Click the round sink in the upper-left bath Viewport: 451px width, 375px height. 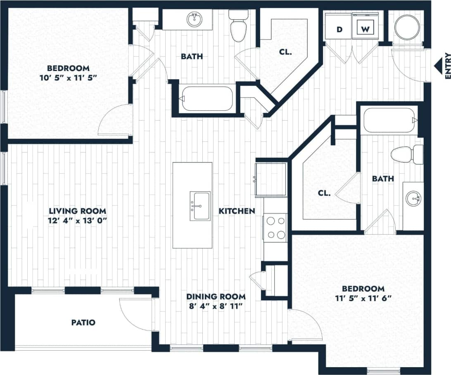(194, 19)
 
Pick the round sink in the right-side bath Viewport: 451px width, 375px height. (413, 199)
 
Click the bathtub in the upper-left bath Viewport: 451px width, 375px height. (207, 99)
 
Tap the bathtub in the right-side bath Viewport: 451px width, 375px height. (389, 120)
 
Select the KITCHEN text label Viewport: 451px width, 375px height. (236, 211)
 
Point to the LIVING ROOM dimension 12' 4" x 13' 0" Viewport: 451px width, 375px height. (77, 220)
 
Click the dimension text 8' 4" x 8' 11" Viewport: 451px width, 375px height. (216, 306)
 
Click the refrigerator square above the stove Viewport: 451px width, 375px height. (271, 179)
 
